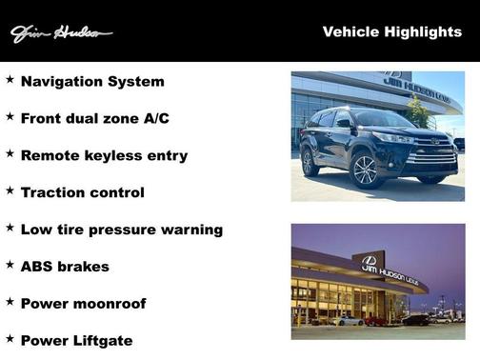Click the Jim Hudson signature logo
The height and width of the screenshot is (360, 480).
point(61,34)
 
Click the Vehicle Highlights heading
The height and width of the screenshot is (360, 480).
point(391,31)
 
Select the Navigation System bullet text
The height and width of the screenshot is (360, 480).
point(92,82)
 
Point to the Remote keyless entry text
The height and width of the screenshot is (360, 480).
point(104,155)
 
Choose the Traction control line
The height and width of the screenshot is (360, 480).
point(82,192)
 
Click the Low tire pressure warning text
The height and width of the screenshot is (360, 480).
point(121,230)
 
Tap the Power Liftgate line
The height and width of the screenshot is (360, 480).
point(76,340)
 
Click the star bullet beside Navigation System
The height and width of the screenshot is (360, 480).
point(10,80)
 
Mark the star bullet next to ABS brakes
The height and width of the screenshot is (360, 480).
point(10,264)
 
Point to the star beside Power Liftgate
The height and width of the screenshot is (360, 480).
point(10,338)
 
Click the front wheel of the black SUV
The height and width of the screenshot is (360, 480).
point(365,171)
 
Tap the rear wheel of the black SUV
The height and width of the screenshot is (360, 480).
point(310,161)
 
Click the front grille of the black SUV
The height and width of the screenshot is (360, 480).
point(433,153)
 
